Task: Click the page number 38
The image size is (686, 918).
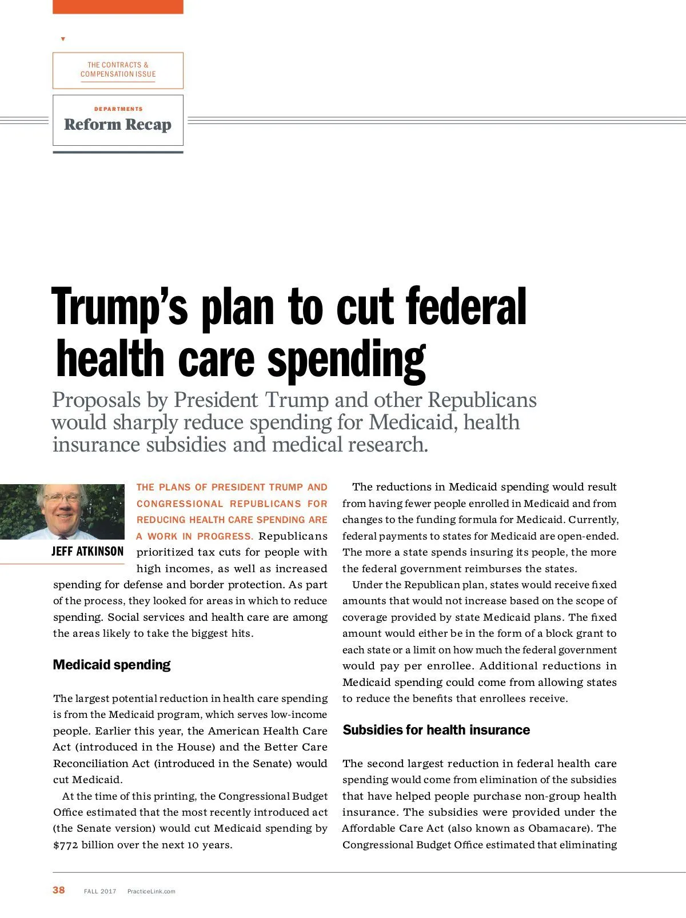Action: coord(59,890)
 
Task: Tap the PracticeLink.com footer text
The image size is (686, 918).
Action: coord(151,891)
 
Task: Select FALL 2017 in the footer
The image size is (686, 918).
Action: coord(100,891)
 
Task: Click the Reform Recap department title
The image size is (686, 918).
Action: coord(118,125)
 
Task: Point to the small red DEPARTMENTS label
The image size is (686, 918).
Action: coord(118,109)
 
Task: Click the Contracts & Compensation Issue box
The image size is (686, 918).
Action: coord(118,70)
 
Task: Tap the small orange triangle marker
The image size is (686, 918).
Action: coord(63,39)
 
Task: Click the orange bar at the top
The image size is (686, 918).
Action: coord(118,6)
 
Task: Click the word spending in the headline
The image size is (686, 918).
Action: coord(346,360)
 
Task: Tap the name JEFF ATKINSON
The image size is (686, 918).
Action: coord(87,551)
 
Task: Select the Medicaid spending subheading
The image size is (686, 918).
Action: coord(111,665)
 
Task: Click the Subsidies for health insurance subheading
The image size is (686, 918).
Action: coord(436,730)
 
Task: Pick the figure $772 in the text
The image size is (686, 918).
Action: coord(66,845)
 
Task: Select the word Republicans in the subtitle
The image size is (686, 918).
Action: coord(482,400)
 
